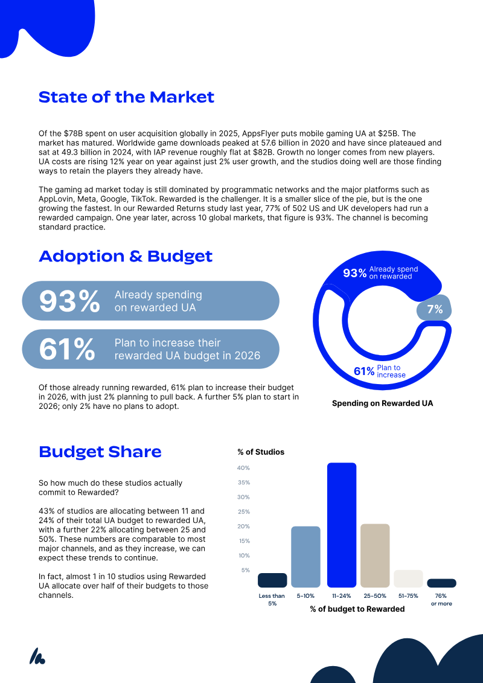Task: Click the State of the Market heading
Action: (x=126, y=97)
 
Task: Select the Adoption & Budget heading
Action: (x=126, y=256)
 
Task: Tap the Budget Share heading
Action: (x=100, y=452)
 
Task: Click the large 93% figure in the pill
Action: (x=69, y=301)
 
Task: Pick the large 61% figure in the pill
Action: (x=67, y=349)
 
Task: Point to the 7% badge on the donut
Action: (x=434, y=310)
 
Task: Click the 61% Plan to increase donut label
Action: (x=379, y=371)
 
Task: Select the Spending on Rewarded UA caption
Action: (x=382, y=403)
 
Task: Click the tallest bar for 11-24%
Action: (x=342, y=525)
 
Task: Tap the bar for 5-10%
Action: (x=305, y=557)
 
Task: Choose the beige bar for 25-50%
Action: (x=375, y=556)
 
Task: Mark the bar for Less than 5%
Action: (x=272, y=580)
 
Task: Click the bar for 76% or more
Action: (x=441, y=583)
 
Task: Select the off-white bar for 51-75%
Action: (x=409, y=579)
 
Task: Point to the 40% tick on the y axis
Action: (x=243, y=468)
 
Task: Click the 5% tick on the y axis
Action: (x=246, y=570)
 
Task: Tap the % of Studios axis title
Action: (x=261, y=452)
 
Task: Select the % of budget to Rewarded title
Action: (x=357, y=609)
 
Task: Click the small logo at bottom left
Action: (x=37, y=656)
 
